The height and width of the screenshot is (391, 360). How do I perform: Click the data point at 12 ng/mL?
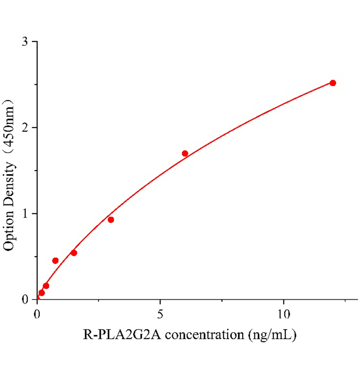(x=333, y=83)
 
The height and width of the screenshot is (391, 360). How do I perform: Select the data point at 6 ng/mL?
(x=185, y=153)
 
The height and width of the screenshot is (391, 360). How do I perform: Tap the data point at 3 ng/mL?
(x=111, y=220)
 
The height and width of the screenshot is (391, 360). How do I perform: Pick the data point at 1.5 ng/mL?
(x=74, y=253)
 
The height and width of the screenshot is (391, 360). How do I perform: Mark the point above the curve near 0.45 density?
(x=55, y=261)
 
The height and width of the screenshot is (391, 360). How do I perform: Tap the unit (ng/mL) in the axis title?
(x=272, y=335)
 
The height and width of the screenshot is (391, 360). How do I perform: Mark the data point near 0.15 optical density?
(x=46, y=286)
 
